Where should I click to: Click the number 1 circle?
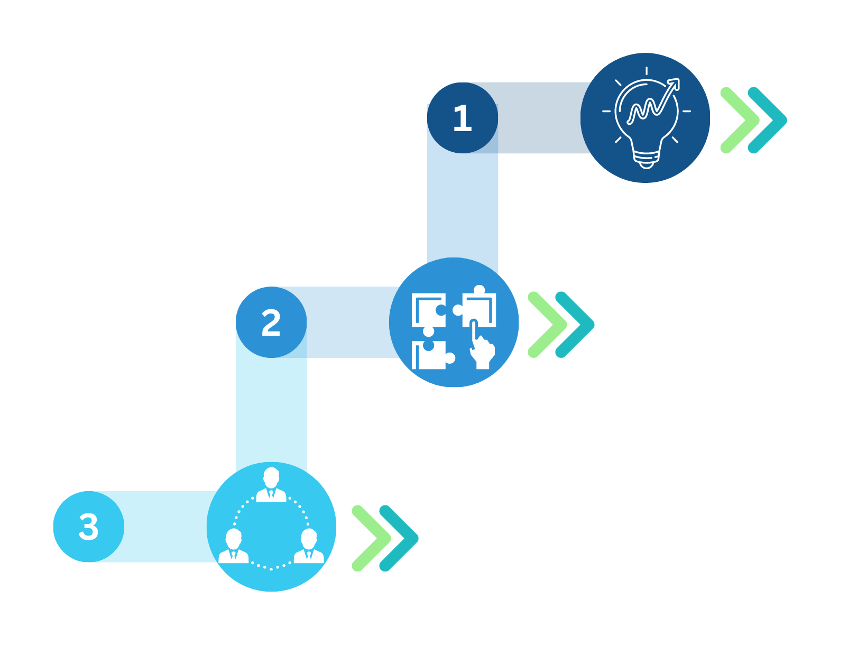point(463,118)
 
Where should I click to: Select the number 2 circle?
point(271,322)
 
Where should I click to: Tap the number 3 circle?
point(89,527)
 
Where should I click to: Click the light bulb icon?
point(647,118)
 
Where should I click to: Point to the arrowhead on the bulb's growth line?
point(674,84)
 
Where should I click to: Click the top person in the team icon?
point(271,485)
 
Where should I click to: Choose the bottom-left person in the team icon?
point(233,546)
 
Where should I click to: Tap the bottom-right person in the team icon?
point(309,546)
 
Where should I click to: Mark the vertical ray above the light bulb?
point(647,71)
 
